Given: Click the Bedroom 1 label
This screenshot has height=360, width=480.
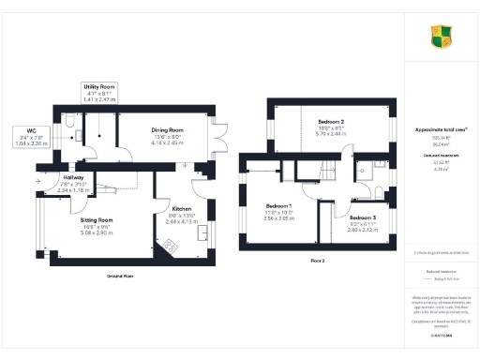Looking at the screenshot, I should tap(278, 205).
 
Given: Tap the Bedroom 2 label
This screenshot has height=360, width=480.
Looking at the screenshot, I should tap(331, 122).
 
